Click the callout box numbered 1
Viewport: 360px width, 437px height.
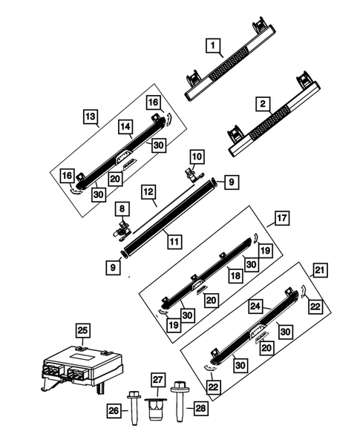pyautogui.click(x=213, y=49)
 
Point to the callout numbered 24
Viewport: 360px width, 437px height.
pyautogui.click(x=254, y=304)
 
